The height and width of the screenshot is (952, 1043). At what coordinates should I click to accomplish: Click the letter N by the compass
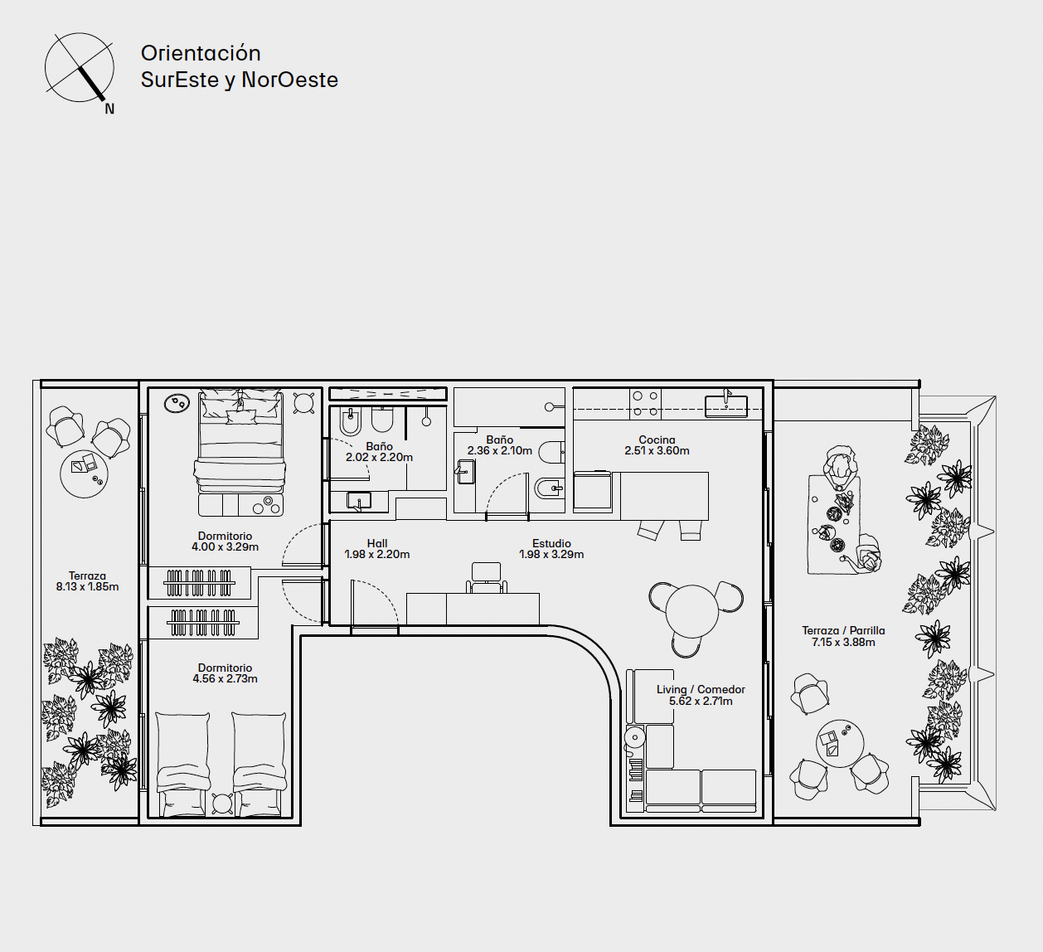(x=109, y=109)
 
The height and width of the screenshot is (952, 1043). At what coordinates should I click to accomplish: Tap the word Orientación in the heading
(x=201, y=53)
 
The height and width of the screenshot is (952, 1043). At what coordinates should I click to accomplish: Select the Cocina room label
(x=657, y=440)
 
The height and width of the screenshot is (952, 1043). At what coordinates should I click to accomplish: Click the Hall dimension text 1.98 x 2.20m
(x=377, y=555)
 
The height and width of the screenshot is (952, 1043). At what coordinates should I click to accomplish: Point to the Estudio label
(x=551, y=544)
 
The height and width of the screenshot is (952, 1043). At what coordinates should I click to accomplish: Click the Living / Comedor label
(x=701, y=689)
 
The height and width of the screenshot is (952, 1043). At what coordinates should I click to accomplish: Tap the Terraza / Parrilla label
(x=843, y=630)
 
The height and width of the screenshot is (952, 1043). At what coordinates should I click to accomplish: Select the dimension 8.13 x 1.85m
(x=87, y=587)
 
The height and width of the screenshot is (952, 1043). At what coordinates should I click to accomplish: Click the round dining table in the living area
(x=691, y=610)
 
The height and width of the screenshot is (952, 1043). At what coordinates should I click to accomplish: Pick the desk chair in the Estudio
(x=486, y=577)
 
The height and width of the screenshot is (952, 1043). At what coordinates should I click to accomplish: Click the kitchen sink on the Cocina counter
(x=725, y=406)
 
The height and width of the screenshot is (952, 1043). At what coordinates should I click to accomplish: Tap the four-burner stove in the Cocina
(x=645, y=404)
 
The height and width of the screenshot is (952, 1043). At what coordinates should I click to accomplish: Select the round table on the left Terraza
(x=85, y=474)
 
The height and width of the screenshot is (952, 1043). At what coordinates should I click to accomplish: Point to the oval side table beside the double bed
(x=177, y=403)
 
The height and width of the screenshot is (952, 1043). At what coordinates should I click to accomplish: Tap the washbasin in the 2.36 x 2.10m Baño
(x=465, y=472)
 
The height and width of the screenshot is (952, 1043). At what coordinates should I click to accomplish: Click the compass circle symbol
(x=79, y=67)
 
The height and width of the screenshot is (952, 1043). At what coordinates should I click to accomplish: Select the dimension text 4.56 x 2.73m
(x=226, y=679)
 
